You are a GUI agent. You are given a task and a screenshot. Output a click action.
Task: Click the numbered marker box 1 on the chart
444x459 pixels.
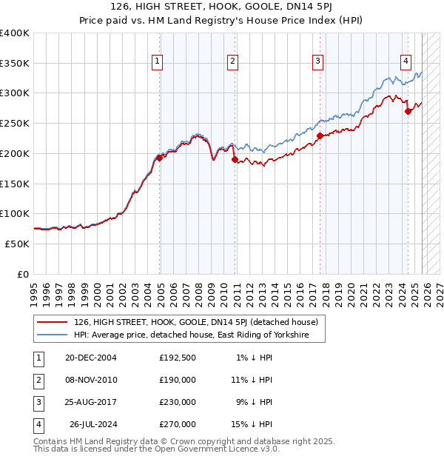(x=158, y=61)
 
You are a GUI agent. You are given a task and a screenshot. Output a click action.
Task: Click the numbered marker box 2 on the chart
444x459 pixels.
(x=232, y=61)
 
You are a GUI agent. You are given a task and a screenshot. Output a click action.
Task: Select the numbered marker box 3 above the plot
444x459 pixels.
(x=317, y=61)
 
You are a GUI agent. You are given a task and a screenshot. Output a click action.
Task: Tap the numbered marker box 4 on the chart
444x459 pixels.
(x=406, y=61)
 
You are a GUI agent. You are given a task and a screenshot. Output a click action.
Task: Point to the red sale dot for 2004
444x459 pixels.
(x=160, y=158)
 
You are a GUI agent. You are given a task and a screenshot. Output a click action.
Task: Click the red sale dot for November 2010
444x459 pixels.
(x=235, y=159)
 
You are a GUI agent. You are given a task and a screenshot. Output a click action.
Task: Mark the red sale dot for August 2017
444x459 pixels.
(x=320, y=135)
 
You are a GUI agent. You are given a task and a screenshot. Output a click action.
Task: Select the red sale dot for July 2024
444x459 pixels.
(x=408, y=111)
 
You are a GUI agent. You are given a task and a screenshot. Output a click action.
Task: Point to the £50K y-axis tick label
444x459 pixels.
(x=17, y=244)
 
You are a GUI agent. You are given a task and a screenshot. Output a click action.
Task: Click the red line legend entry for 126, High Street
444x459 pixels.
(x=195, y=322)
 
